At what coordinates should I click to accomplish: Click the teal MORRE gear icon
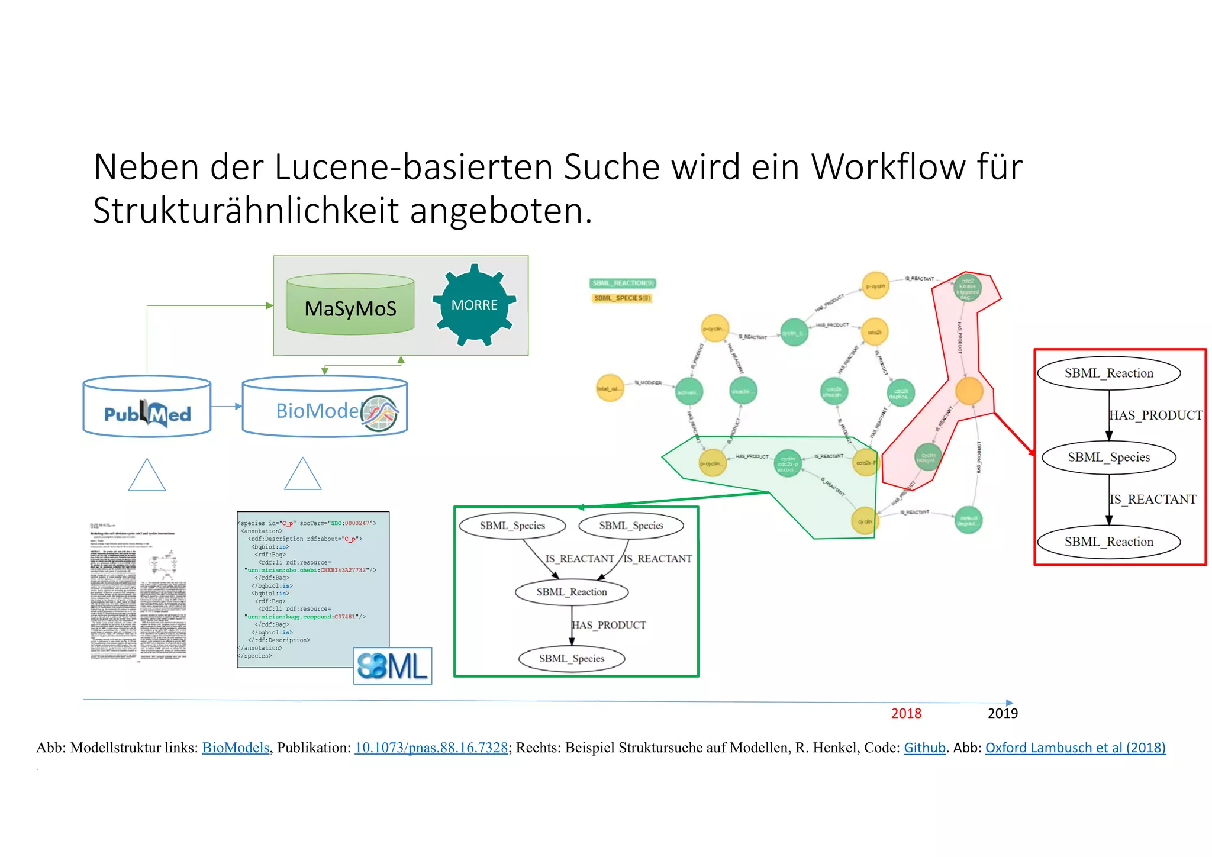474,305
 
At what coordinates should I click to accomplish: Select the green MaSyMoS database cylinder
350,305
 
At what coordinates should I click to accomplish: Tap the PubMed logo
147,414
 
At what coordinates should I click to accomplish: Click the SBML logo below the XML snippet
392,666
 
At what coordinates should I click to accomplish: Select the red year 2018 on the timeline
906,713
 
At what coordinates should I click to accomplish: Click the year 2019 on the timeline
1003,713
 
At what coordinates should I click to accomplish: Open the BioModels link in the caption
236,748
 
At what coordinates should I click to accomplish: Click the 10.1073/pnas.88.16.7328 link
431,748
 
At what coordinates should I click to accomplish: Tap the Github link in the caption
924,748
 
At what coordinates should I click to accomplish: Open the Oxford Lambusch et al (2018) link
1075,748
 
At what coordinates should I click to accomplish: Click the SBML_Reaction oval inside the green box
572,592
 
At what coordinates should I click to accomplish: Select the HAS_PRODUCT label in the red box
1155,415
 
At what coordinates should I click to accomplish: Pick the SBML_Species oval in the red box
1108,457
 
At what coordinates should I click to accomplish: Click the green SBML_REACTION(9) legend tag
623,283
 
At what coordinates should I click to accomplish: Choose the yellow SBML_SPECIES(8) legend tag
622,298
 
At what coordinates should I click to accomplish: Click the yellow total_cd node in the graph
610,388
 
